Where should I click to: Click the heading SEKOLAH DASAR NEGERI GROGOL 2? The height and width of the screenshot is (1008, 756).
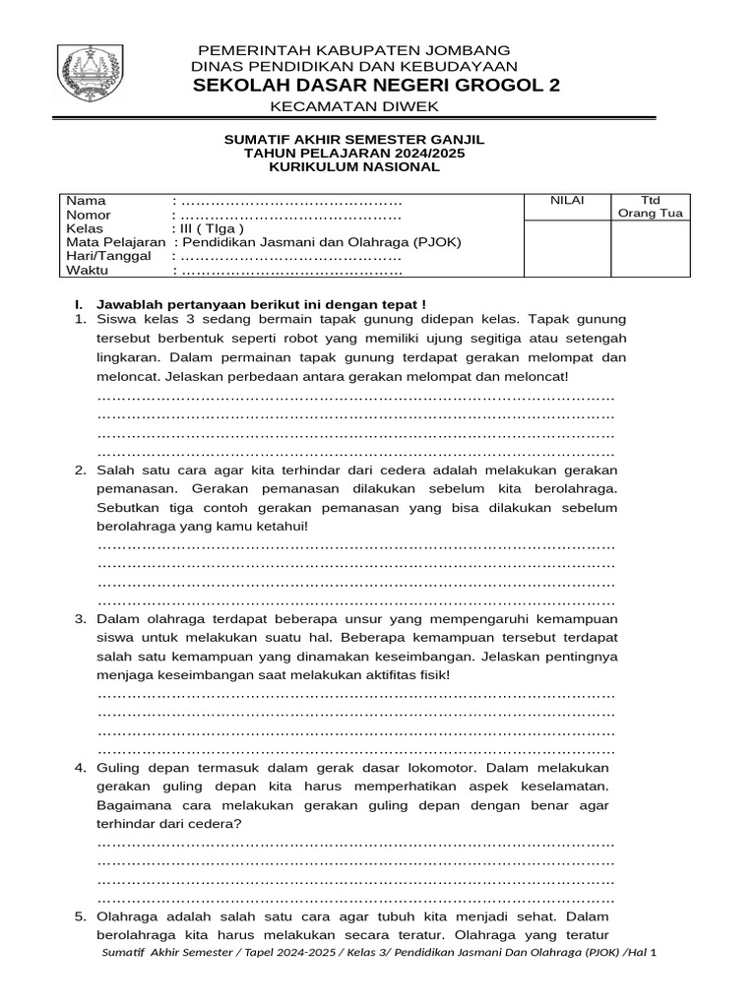376,86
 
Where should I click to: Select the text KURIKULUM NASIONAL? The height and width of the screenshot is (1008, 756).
354,167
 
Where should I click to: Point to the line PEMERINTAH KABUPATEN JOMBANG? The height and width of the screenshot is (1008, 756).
354,50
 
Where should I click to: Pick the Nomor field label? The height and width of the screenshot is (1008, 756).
89,215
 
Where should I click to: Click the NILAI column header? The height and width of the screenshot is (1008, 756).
566,200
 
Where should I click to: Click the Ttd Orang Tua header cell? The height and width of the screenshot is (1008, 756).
650,207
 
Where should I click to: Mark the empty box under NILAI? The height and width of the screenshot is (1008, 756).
566,249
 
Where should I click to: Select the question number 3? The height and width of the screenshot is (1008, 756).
81,618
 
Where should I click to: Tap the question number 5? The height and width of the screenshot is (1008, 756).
81,916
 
